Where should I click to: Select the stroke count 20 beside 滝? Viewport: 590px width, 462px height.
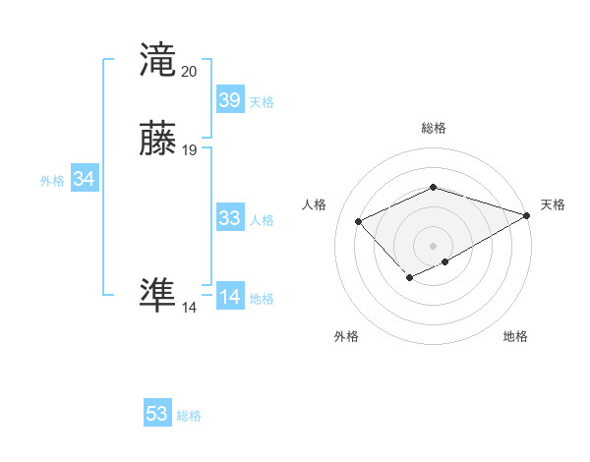190,71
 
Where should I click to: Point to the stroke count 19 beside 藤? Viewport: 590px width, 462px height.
190,150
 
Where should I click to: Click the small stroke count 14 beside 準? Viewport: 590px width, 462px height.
190,308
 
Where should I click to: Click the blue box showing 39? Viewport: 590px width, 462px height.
229,99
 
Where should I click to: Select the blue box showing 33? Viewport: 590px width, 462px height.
229,218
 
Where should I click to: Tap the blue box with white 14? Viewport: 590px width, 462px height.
229,297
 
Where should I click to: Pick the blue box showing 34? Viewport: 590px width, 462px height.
84,179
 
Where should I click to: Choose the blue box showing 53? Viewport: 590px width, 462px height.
157,414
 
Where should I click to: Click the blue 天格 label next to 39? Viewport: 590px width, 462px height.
261,102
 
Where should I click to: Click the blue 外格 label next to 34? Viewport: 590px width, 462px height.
52,181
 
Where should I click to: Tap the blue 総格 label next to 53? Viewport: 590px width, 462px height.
189,416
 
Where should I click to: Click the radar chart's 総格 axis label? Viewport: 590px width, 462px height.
434,128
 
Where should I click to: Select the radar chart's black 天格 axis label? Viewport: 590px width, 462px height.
553,204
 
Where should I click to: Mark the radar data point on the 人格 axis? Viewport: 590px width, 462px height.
359,221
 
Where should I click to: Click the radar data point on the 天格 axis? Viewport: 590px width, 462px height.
527,215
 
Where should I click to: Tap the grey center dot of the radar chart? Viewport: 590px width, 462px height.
434,246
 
